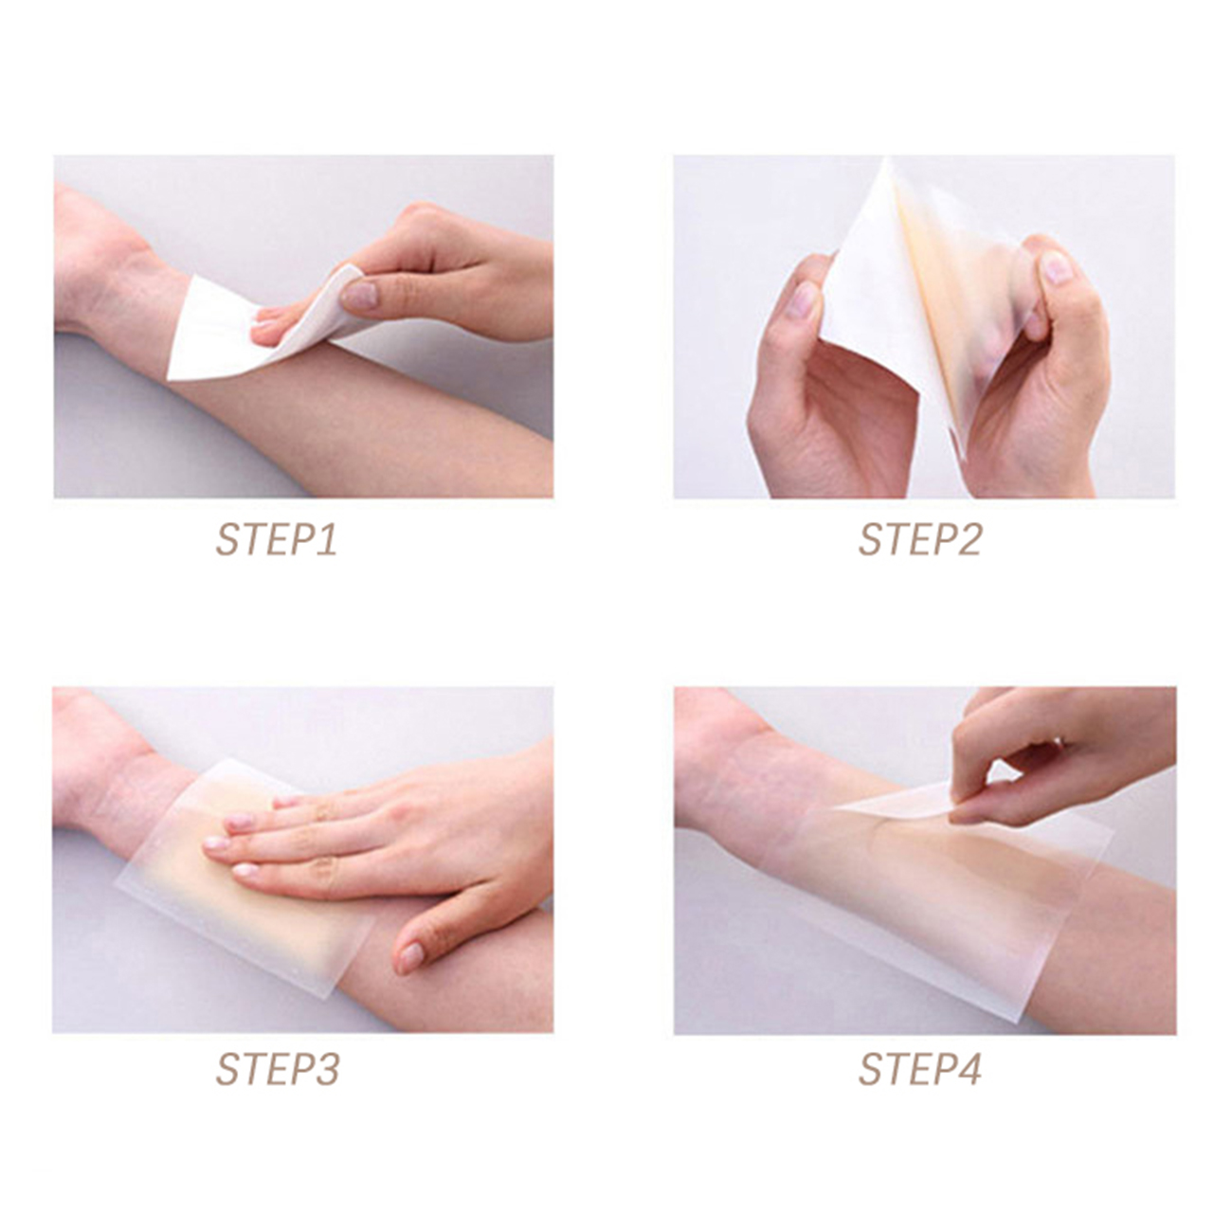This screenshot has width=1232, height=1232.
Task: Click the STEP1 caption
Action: pyautogui.click(x=276, y=540)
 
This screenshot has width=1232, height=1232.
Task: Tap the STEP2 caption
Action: pyautogui.click(x=919, y=540)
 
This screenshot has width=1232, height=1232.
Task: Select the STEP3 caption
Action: pyautogui.click(x=278, y=1069)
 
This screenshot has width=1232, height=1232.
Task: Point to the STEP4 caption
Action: pyautogui.click(x=919, y=1069)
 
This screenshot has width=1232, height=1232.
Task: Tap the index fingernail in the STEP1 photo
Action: pyautogui.click(x=359, y=296)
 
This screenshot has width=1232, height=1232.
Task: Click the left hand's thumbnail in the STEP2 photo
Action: pyautogui.click(x=802, y=299)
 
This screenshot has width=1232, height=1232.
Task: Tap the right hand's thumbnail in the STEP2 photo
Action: pyautogui.click(x=1056, y=267)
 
